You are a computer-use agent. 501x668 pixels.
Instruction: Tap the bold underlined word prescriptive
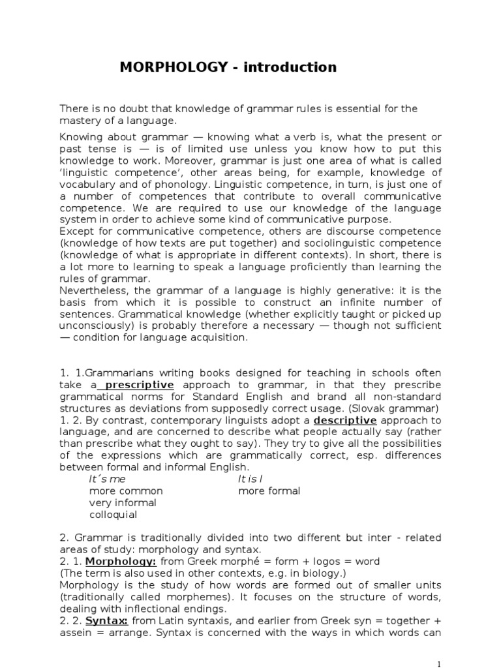click(140, 386)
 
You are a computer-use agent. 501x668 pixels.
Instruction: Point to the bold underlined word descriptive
click(345, 421)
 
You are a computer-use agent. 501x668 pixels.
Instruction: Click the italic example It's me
click(107, 479)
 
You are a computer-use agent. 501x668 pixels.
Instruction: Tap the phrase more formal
click(269, 491)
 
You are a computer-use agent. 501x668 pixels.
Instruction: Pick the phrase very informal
click(123, 502)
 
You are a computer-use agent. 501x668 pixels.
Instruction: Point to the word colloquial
click(113, 514)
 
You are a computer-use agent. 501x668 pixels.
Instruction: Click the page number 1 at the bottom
click(439, 663)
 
